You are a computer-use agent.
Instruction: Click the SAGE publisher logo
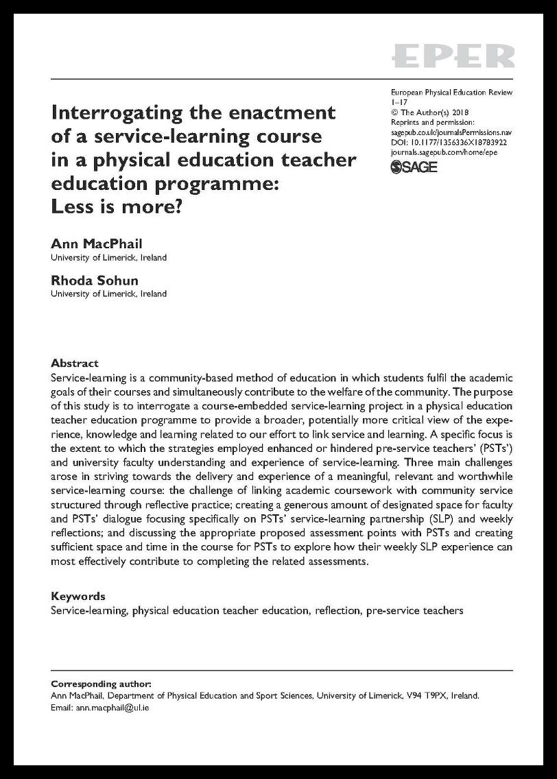coord(414,167)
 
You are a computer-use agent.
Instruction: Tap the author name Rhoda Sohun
coord(94,281)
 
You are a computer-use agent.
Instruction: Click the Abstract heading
coord(75,363)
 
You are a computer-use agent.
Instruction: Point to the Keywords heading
coord(78,596)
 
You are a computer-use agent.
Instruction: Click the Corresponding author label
coord(101,684)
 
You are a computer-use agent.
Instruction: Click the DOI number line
coord(448,142)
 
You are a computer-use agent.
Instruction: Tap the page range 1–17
coord(399,102)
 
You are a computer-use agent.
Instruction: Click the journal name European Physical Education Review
coord(451,93)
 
